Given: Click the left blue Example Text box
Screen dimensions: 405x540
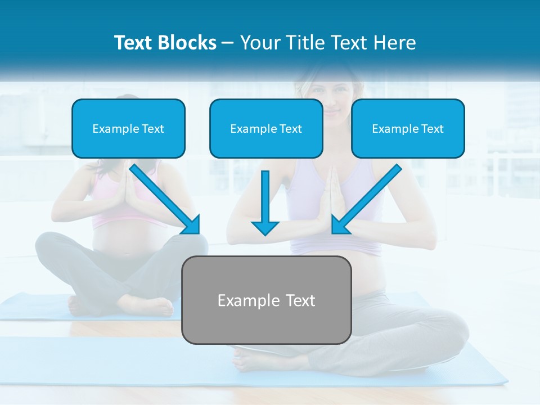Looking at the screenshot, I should tap(128, 128).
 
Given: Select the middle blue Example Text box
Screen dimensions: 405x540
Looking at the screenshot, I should tap(266, 128).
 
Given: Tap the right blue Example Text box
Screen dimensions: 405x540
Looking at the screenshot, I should tap(408, 128).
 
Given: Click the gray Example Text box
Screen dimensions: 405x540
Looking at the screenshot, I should tap(267, 300).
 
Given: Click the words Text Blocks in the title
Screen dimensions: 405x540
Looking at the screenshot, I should tap(165, 43).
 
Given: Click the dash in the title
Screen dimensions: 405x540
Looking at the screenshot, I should tap(228, 43).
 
